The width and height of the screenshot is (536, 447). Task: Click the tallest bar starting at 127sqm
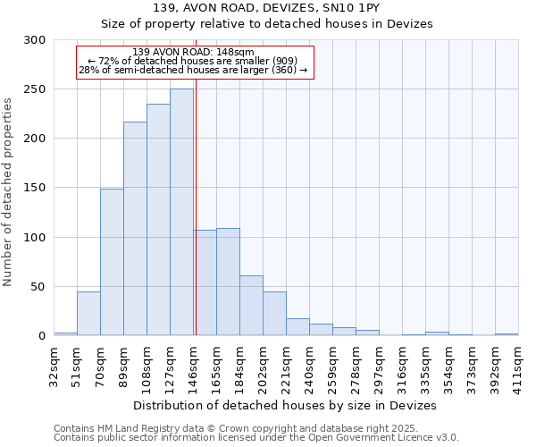[x=181, y=212]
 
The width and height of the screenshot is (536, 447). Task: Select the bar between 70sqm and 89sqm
[x=112, y=262]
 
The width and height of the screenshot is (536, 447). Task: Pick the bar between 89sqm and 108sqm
[x=135, y=228]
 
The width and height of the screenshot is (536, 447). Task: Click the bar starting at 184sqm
[x=251, y=305]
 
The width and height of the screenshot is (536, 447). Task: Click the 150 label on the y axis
[x=34, y=189]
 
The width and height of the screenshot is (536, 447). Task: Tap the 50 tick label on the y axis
[x=38, y=287]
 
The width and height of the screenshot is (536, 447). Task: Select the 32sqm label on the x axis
[x=54, y=363]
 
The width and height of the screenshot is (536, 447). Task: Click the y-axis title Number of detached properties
[x=8, y=193]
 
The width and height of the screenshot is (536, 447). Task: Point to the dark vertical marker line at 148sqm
[x=195, y=206]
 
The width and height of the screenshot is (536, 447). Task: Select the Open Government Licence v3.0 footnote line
[x=256, y=437]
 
